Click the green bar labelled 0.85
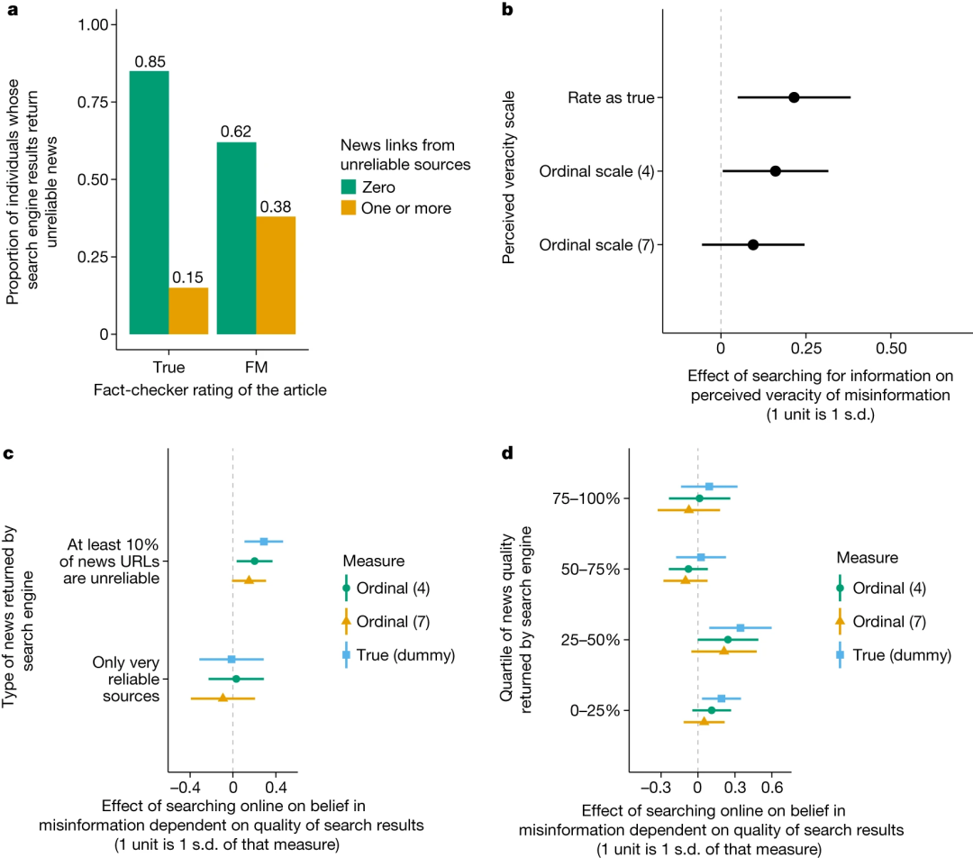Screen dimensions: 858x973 point(149,202)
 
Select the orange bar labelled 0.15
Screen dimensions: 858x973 point(188,311)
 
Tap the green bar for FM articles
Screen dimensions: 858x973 point(237,238)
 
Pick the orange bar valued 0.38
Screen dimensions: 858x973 point(277,275)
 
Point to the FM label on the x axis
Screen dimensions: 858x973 point(256,367)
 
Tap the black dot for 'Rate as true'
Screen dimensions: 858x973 point(794,97)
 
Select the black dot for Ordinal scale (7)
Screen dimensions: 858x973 point(753,244)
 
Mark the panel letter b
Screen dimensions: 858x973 point(507,10)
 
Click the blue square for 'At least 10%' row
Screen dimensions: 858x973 point(264,542)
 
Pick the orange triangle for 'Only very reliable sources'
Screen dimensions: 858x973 point(223,698)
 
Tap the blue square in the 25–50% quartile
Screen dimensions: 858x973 point(741,627)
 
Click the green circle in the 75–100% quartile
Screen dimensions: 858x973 point(699,497)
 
